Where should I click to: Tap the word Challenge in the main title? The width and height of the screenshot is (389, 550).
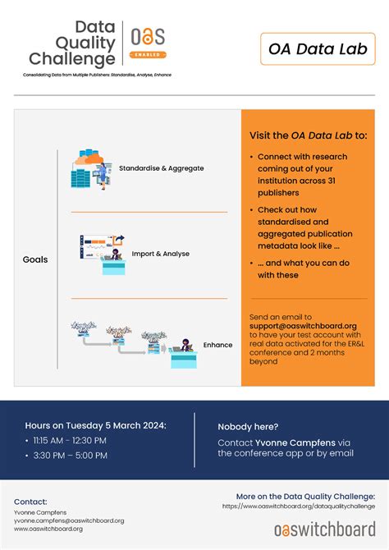click(x=72, y=59)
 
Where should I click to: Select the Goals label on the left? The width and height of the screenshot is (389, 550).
click(x=35, y=259)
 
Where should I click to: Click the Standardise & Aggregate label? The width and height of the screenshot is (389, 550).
click(x=162, y=168)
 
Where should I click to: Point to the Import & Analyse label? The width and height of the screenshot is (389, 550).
click(x=160, y=254)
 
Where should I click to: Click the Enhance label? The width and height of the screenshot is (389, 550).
click(x=217, y=345)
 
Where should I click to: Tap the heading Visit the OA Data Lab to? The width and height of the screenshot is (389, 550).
click(x=308, y=135)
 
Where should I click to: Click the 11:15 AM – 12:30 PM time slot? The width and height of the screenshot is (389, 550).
click(x=70, y=440)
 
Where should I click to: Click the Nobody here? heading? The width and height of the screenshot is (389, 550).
click(x=248, y=426)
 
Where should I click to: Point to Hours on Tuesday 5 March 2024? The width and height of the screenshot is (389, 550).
click(x=95, y=425)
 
